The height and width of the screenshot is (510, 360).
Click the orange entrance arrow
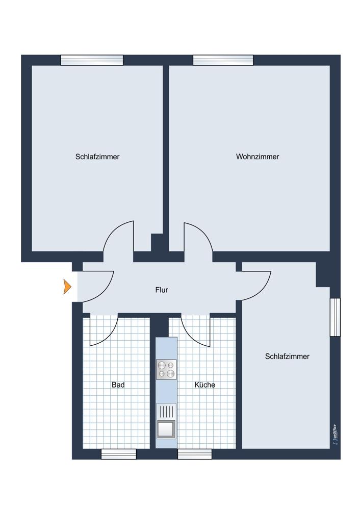pos(67,287)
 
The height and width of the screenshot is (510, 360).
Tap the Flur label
pos(162,290)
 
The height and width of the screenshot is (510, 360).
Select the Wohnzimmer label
pos(258,157)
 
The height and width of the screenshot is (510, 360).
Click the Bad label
pos(118,385)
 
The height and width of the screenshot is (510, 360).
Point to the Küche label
pos(205,385)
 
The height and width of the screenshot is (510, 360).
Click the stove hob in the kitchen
pos(166,369)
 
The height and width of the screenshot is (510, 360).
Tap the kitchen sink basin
pos(166,429)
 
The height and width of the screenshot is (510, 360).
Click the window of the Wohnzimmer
pos(223,60)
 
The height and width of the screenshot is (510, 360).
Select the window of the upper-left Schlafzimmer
pos(92,60)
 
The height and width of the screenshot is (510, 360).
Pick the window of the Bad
pos(119,454)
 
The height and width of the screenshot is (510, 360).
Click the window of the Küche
pos(194,454)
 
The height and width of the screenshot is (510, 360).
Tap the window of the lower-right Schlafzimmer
pos(336,317)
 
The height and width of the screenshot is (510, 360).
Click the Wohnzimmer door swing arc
pos(204,232)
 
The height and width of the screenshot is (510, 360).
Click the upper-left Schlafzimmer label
pos(97,157)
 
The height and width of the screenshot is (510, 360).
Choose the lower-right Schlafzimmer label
pos(287,356)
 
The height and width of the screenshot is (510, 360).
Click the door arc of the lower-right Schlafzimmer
pos(264,290)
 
